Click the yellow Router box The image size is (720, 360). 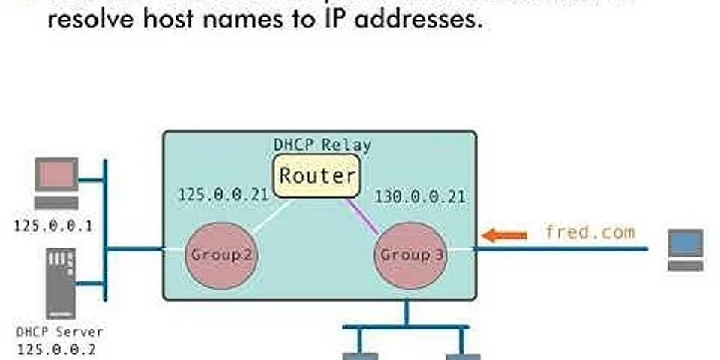click(x=316, y=176)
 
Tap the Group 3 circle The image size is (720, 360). click(x=406, y=254)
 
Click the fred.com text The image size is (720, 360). click(x=589, y=232)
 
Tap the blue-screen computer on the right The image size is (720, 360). click(x=685, y=250)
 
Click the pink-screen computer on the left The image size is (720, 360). click(x=57, y=182)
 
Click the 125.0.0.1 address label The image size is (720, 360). click(x=53, y=224)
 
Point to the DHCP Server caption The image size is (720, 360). click(x=59, y=331)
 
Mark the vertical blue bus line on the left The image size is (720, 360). click(x=105, y=229)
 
